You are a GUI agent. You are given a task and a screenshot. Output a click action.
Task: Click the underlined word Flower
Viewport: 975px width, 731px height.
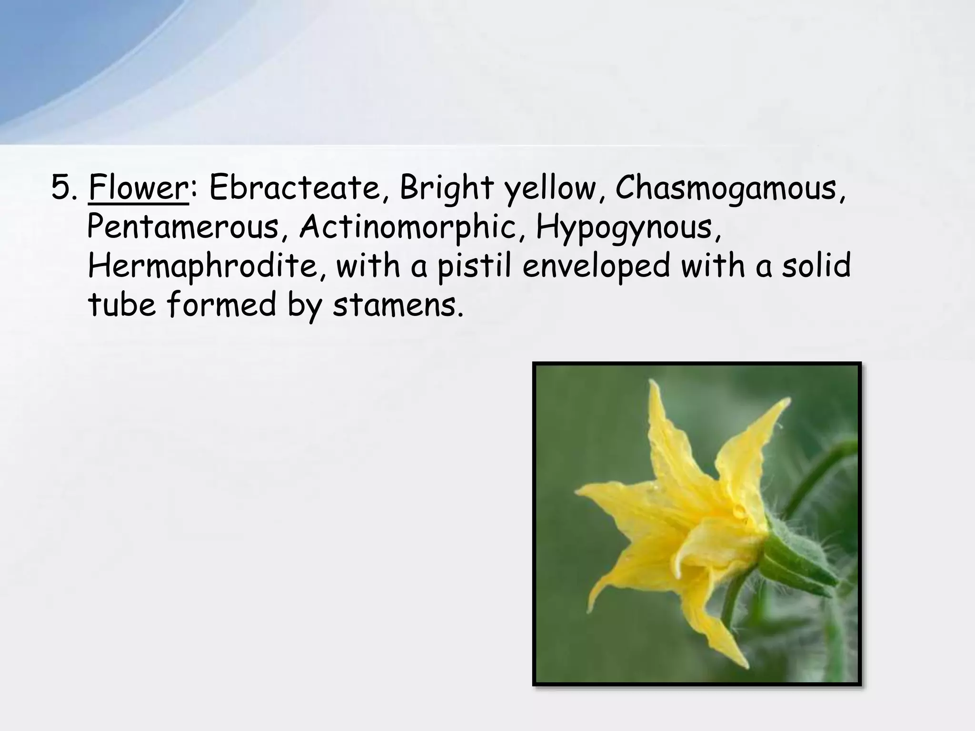pyautogui.click(x=138, y=188)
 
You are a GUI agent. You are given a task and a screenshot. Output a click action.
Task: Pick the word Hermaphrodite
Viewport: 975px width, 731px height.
pyautogui.click(x=208, y=267)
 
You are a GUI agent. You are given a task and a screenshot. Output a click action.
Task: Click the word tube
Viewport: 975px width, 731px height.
pyautogui.click(x=122, y=305)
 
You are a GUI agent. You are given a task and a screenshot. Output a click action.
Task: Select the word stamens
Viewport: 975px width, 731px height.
pyautogui.click(x=398, y=306)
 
